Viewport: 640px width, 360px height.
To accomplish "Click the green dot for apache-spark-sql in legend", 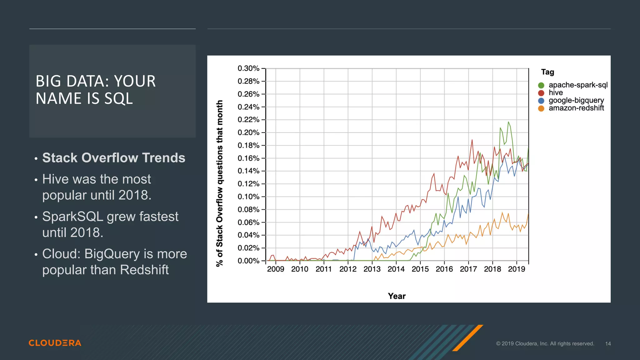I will [541, 85].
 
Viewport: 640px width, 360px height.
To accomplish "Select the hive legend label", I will [556, 93].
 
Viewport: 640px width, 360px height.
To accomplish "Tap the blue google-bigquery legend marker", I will [541, 101].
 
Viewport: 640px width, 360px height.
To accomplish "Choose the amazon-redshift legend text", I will [576, 108].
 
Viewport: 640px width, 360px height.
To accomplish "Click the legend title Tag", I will [547, 72].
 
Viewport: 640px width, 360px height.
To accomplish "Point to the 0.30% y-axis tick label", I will [248, 68].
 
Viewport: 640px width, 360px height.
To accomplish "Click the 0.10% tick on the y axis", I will [248, 197].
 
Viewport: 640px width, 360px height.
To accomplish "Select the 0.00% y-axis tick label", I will [248, 261].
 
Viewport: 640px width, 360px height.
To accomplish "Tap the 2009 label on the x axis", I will [276, 269].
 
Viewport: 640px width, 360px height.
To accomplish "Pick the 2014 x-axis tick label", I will [396, 269].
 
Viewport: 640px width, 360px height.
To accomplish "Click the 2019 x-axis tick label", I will [517, 269].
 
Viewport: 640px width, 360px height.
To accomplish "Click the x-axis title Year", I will [397, 296].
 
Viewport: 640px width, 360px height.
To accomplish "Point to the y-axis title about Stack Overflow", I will [220, 183].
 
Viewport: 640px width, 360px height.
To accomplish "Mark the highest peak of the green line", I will [508, 122].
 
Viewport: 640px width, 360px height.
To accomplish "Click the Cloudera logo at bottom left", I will [55, 343].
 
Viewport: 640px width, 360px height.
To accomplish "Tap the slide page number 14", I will [608, 344].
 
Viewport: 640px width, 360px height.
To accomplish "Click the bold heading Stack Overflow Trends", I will [114, 158].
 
